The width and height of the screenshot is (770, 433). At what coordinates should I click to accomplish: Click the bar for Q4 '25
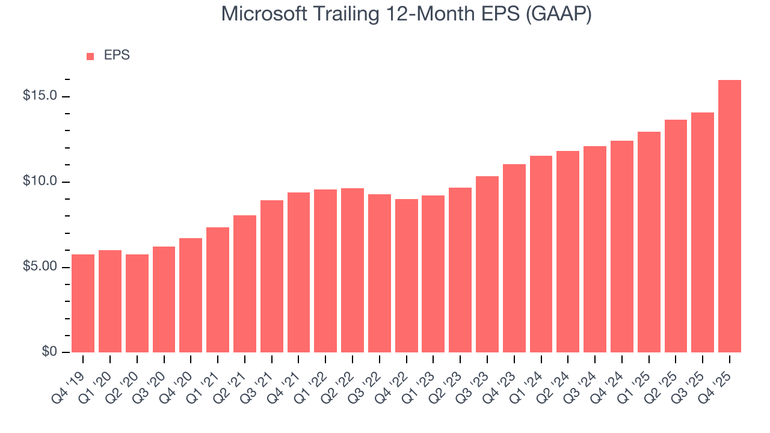(729, 216)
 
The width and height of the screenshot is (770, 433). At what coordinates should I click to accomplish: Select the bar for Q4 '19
(83, 303)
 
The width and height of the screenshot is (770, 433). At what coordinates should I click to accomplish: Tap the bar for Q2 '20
(137, 303)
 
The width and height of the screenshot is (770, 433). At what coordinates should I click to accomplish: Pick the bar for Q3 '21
(272, 276)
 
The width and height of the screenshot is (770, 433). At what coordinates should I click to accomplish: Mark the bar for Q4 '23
(514, 258)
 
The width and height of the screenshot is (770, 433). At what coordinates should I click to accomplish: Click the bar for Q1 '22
(325, 271)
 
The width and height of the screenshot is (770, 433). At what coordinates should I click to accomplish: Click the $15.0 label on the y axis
(40, 96)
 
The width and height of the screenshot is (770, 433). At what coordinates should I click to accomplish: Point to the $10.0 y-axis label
(40, 182)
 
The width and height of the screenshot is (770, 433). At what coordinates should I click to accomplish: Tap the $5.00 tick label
(40, 266)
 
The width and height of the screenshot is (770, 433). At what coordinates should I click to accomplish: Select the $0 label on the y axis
(49, 352)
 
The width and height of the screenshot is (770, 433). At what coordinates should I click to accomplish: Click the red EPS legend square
(90, 56)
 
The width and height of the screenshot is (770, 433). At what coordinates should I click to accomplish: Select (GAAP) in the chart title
(559, 14)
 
